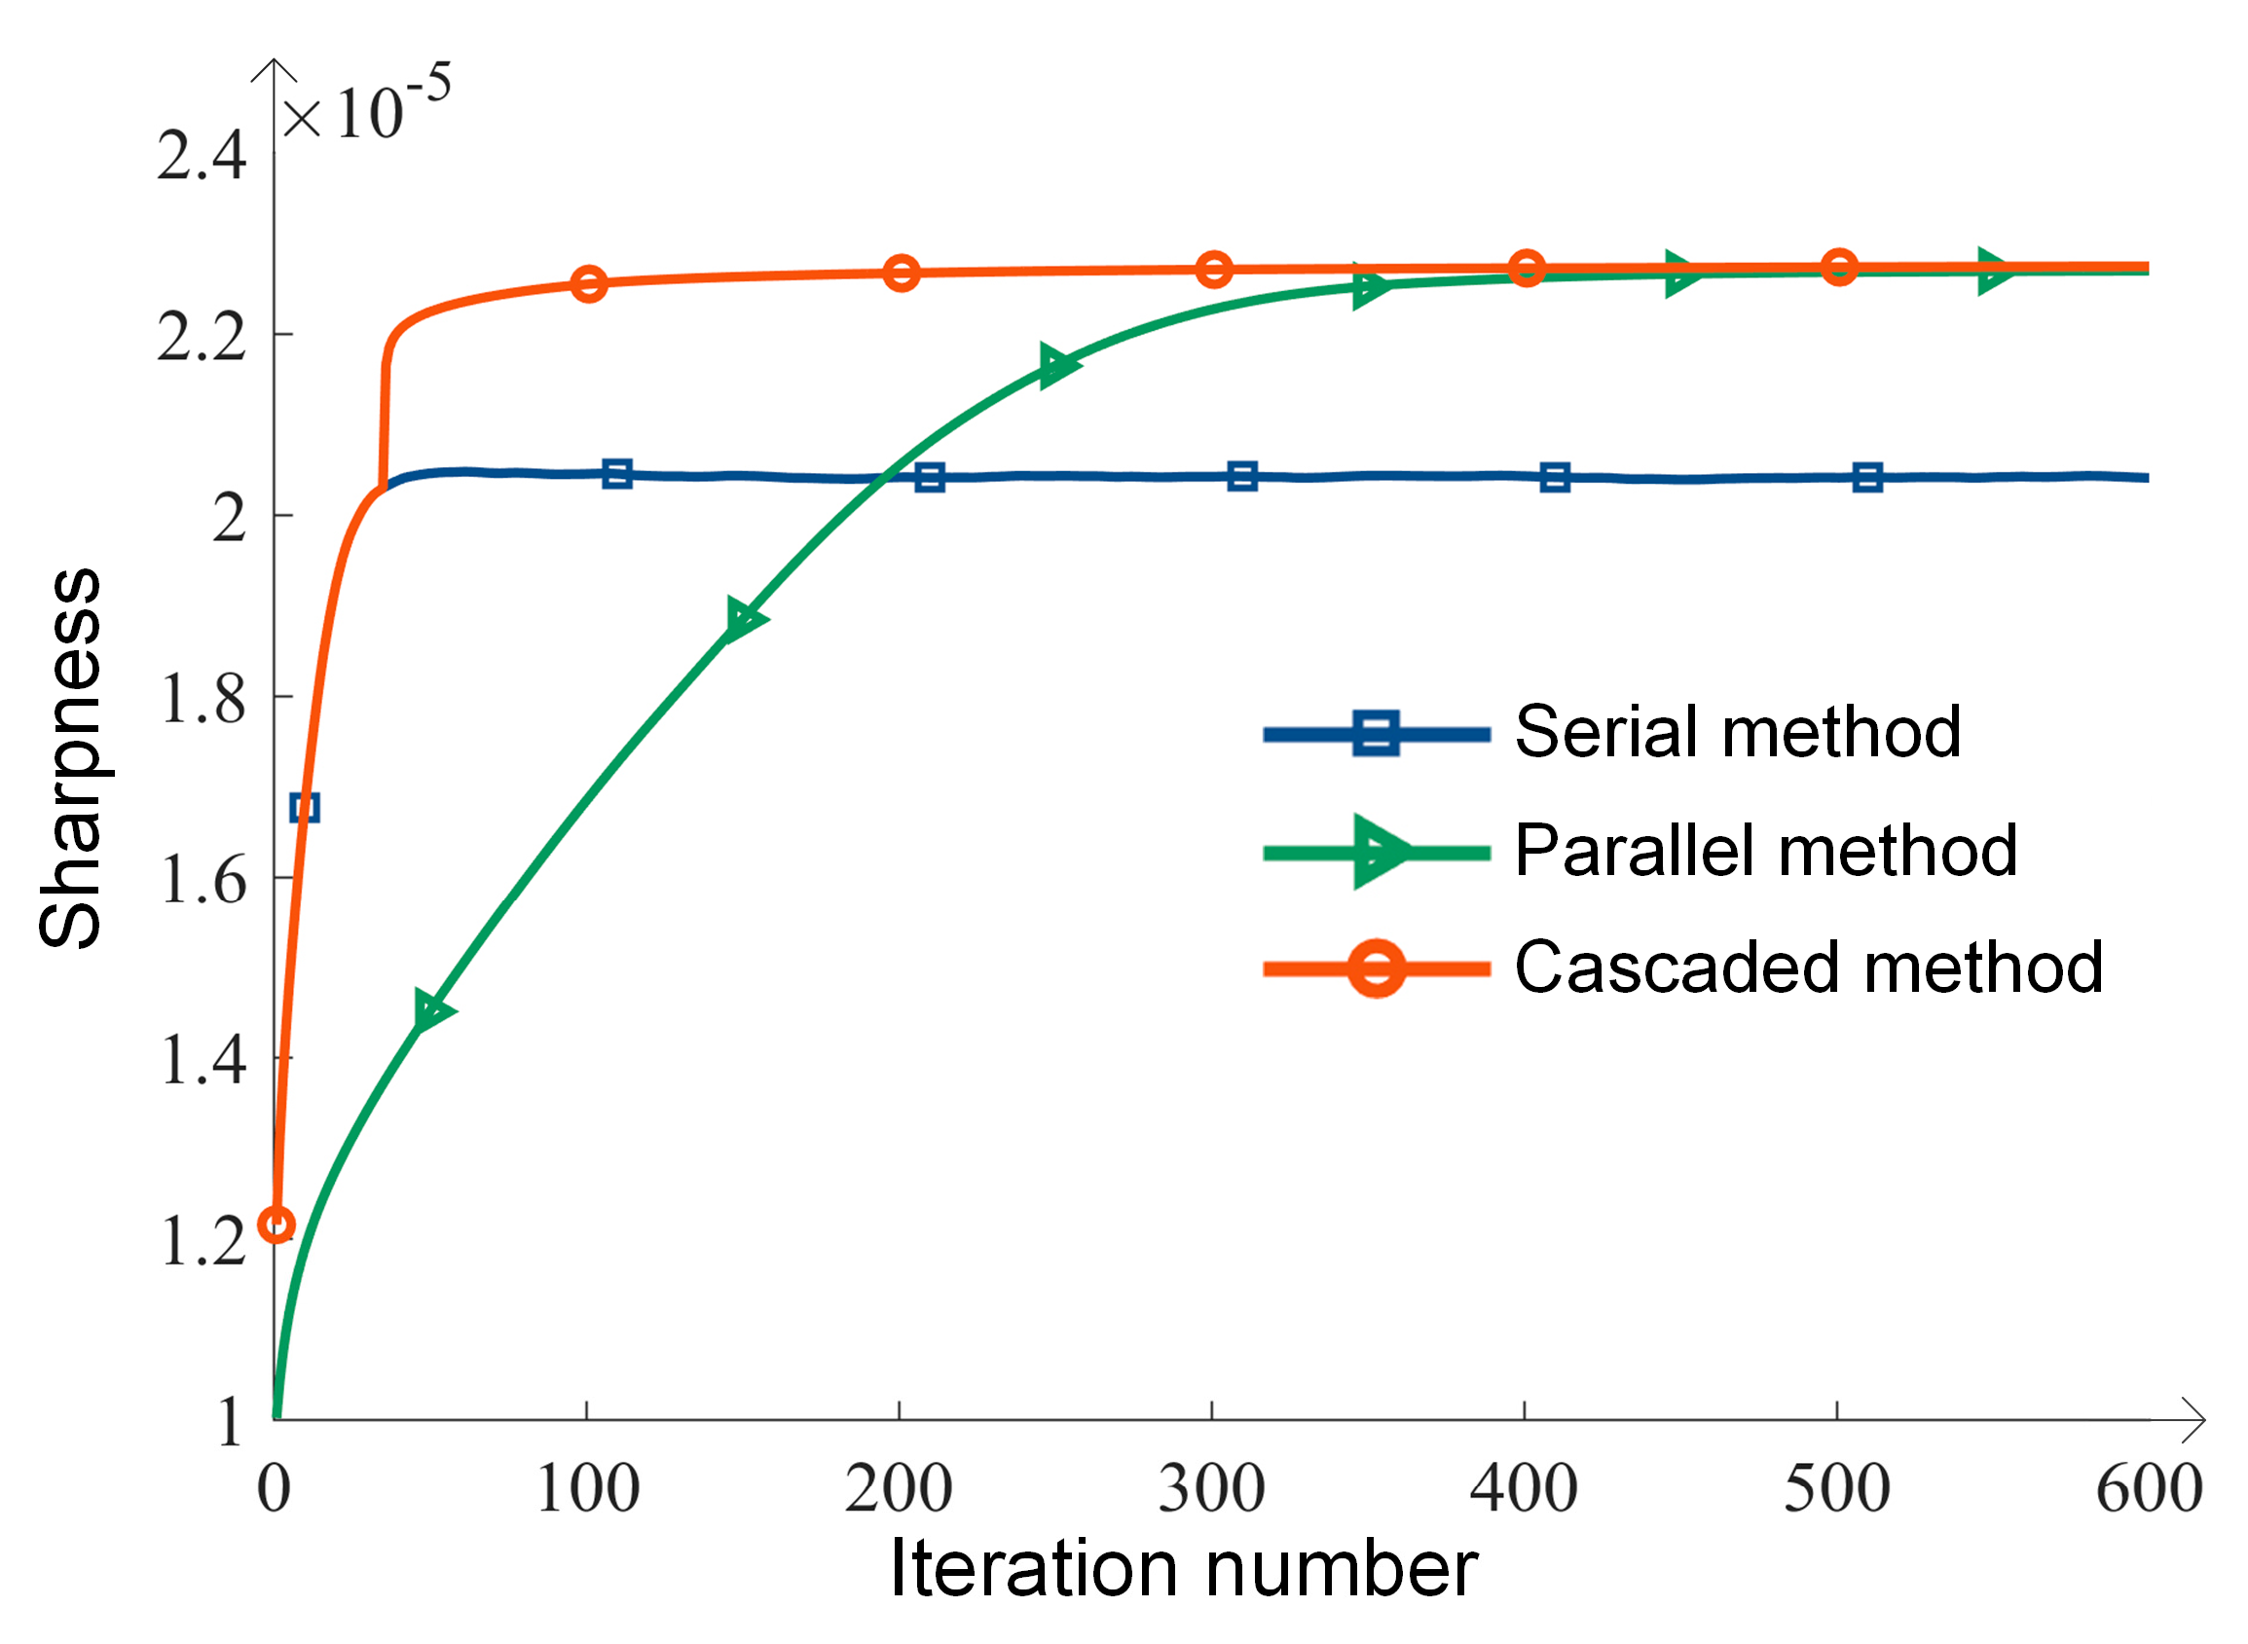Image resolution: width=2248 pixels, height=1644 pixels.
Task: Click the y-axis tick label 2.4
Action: pos(201,158)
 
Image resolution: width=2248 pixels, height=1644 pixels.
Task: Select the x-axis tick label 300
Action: pos(1211,1490)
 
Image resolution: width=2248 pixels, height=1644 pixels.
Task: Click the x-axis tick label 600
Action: pos(2149,1490)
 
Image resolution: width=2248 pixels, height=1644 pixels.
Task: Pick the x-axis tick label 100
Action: pos(587,1490)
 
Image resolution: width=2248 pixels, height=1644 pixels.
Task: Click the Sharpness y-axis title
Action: pos(70,758)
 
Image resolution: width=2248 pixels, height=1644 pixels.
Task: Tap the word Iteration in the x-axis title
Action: pos(1035,1569)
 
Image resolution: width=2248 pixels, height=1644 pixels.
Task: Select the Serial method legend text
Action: pos(1737,732)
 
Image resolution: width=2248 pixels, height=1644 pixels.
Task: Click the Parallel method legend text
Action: pos(1764,852)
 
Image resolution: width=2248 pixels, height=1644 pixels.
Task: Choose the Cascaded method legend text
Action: pos(1808,968)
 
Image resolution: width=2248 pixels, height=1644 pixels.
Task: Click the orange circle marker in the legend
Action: pos(1377,968)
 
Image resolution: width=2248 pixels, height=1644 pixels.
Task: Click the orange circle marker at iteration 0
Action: pos(276,1224)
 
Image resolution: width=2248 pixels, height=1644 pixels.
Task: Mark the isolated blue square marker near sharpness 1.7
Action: pos(305,807)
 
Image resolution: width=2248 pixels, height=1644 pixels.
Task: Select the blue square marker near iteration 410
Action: pos(1555,478)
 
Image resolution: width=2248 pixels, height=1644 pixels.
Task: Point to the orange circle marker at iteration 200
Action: pos(901,273)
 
